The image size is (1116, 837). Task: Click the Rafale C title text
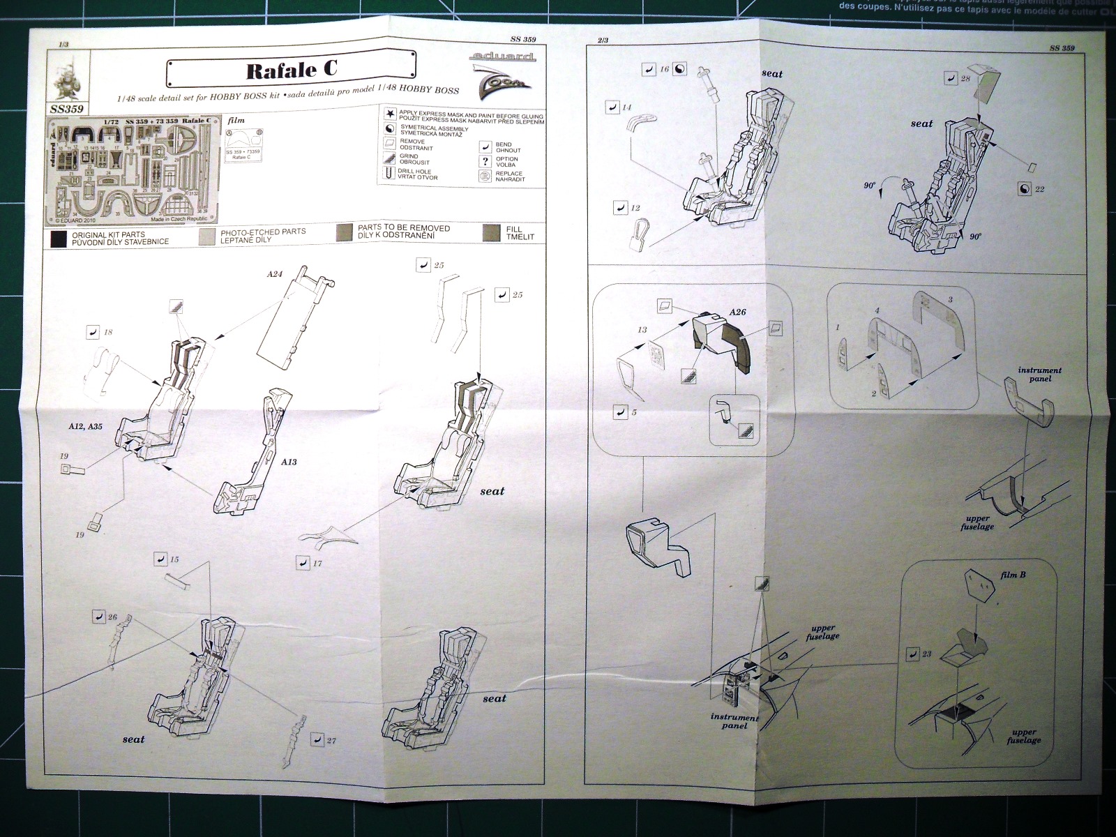(292, 70)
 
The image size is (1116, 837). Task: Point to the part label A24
(274, 274)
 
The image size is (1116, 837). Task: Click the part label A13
(289, 462)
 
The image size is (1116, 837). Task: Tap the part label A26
(737, 312)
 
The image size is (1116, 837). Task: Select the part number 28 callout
(965, 79)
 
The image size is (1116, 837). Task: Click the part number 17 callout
(317, 563)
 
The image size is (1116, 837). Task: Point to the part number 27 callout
(331, 740)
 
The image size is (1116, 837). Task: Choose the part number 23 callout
(926, 654)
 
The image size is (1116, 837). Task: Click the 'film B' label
(1013, 575)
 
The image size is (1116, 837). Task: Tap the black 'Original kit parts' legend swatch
(59, 239)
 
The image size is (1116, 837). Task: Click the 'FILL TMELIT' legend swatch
(491, 233)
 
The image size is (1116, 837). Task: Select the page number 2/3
(603, 40)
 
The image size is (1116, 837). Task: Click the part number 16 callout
(664, 69)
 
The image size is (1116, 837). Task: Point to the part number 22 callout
(1039, 189)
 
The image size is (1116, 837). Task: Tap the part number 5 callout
(633, 412)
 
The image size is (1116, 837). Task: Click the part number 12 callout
(635, 208)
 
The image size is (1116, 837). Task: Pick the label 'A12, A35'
(85, 426)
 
